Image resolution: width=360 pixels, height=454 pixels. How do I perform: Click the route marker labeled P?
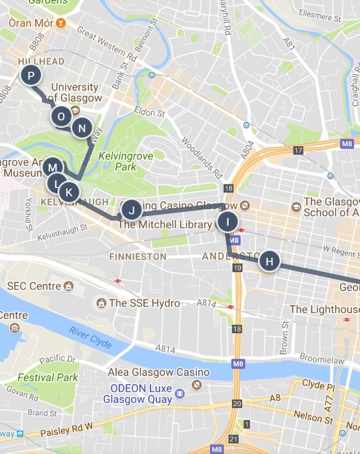pos(31,76)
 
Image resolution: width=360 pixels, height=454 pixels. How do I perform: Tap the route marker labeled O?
pos(61,117)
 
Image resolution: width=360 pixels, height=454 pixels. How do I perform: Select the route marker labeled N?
pos(82,128)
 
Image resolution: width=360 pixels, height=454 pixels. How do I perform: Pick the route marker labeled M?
pos(52,167)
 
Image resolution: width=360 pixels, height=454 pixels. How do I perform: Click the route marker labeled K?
pos(69,193)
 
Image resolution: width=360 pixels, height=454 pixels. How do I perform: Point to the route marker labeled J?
pos(131,210)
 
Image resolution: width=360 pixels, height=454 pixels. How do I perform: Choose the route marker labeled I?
pos(227,222)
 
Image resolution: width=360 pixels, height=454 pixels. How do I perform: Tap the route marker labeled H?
pos(269,261)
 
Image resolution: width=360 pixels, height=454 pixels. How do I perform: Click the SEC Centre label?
pos(34,286)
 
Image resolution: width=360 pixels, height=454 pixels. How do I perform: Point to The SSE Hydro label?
pos(145,303)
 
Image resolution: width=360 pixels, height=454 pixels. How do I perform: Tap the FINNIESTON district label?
pos(137,256)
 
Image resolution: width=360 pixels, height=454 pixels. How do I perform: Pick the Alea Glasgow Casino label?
pos(159,372)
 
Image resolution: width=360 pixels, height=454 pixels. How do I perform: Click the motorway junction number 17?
pos(298,151)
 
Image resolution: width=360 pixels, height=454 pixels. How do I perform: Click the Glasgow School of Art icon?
pos(296,207)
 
